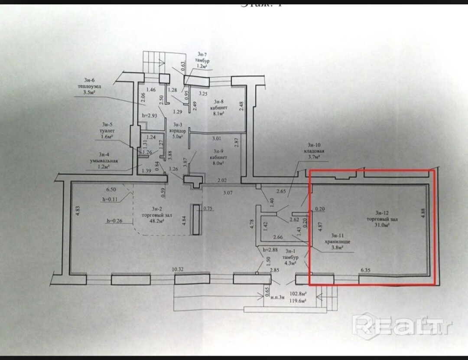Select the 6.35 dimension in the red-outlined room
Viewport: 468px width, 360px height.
click(367, 270)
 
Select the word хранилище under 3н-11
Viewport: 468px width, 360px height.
click(338, 242)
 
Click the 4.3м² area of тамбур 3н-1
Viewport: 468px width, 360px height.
click(289, 263)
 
